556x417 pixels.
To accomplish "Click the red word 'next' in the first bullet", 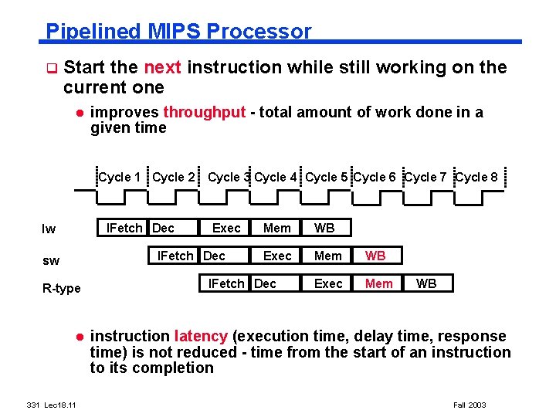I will click(163, 68).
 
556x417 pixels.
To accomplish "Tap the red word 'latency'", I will click(201, 337).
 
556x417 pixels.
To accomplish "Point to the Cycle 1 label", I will click(120, 177).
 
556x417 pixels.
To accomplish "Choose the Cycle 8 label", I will click(476, 177).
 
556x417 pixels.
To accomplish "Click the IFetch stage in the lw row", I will click(124, 228).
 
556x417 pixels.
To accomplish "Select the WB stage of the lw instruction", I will click(324, 228).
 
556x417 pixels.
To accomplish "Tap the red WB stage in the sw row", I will click(375, 256).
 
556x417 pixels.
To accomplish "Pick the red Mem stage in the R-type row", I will click(378, 283).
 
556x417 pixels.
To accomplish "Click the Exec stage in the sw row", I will click(277, 256).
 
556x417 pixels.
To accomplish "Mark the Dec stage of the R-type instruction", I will click(265, 283).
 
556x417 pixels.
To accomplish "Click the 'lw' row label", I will click(49, 229).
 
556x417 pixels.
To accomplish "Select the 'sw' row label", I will click(51, 261).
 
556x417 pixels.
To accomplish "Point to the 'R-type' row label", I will click(61, 289).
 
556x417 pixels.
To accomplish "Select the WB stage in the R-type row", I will click(426, 283).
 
